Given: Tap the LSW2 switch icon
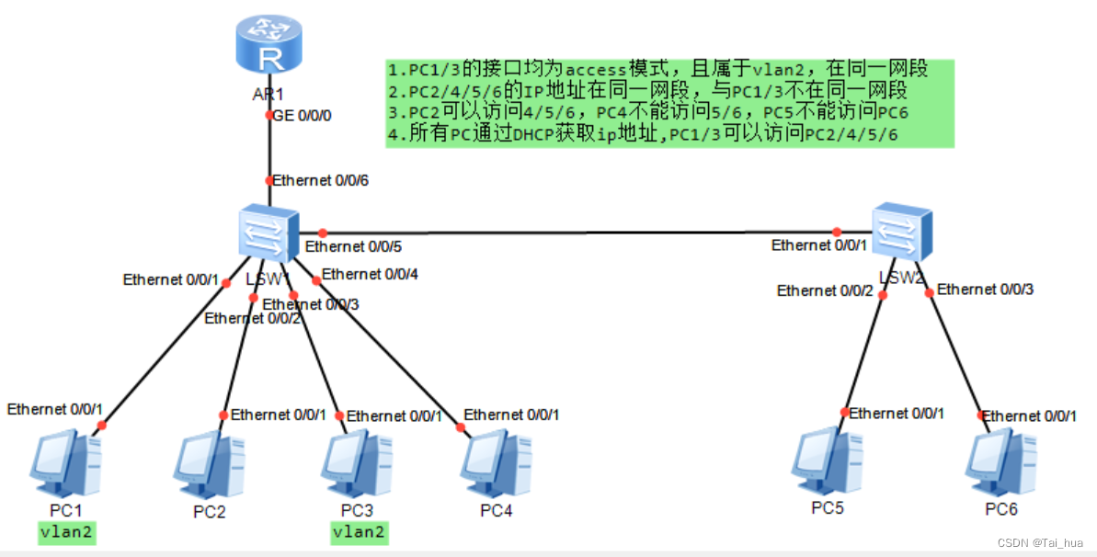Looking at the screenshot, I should [x=901, y=229].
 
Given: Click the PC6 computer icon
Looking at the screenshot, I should [x=1000, y=465].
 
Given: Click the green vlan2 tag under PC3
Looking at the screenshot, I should [x=359, y=532].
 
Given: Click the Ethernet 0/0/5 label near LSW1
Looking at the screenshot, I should [x=353, y=246].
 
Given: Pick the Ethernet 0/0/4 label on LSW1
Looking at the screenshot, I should [x=369, y=274].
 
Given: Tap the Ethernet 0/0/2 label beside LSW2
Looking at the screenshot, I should [x=824, y=290].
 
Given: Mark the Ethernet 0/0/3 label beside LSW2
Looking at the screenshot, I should [x=985, y=289].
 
